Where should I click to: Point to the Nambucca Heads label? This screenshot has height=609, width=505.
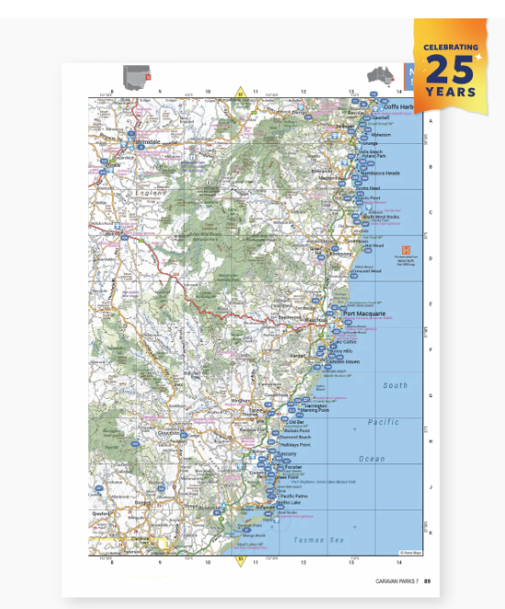pyautogui.click(x=380, y=172)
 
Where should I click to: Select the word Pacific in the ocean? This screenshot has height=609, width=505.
pyautogui.click(x=383, y=423)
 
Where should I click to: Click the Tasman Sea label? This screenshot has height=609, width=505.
pyautogui.click(x=321, y=540)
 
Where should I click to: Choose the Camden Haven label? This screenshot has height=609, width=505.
pyautogui.click(x=344, y=362)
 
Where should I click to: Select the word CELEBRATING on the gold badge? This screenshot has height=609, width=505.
pyautogui.click(x=450, y=48)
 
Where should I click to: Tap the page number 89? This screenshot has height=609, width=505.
pyautogui.click(x=427, y=580)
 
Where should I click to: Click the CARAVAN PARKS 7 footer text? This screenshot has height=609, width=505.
pyautogui.click(x=397, y=580)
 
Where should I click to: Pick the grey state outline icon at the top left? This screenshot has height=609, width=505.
pyautogui.click(x=136, y=75)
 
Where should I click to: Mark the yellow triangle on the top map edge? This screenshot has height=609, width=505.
pyautogui.click(x=241, y=93)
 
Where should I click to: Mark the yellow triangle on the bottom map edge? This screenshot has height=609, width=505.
pyautogui.click(x=241, y=559)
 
